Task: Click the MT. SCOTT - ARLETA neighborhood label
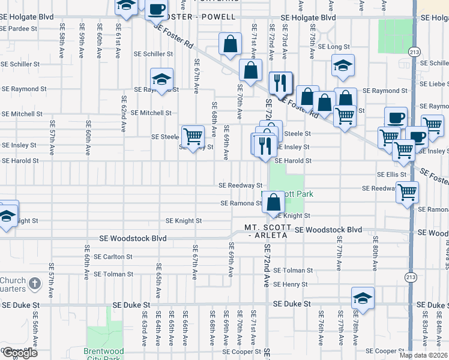click(268, 232)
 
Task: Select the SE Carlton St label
click(113, 257)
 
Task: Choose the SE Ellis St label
click(392, 174)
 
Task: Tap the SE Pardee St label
click(19, 28)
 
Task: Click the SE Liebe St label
click(435, 83)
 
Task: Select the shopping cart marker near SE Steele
click(193, 136)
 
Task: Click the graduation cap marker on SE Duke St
click(363, 298)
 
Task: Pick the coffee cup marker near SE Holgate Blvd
click(157, 9)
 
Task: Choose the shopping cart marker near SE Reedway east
click(408, 192)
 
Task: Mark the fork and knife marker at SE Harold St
click(265, 145)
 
